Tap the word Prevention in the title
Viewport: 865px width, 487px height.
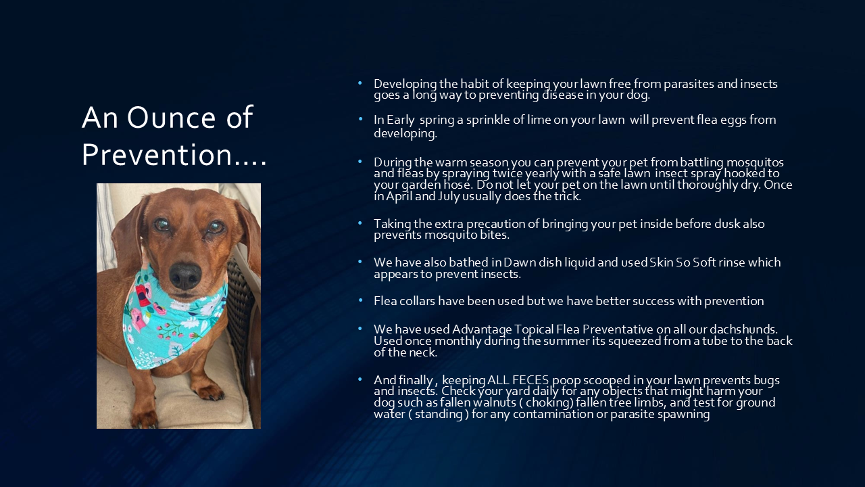(x=157, y=155)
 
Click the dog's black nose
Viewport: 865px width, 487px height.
(x=185, y=275)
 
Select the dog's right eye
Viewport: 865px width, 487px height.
(x=162, y=225)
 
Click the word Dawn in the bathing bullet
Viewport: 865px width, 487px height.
(x=519, y=262)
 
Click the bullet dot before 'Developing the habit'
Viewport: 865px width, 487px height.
(x=360, y=83)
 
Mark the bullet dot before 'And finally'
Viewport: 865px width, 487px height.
(x=360, y=379)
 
